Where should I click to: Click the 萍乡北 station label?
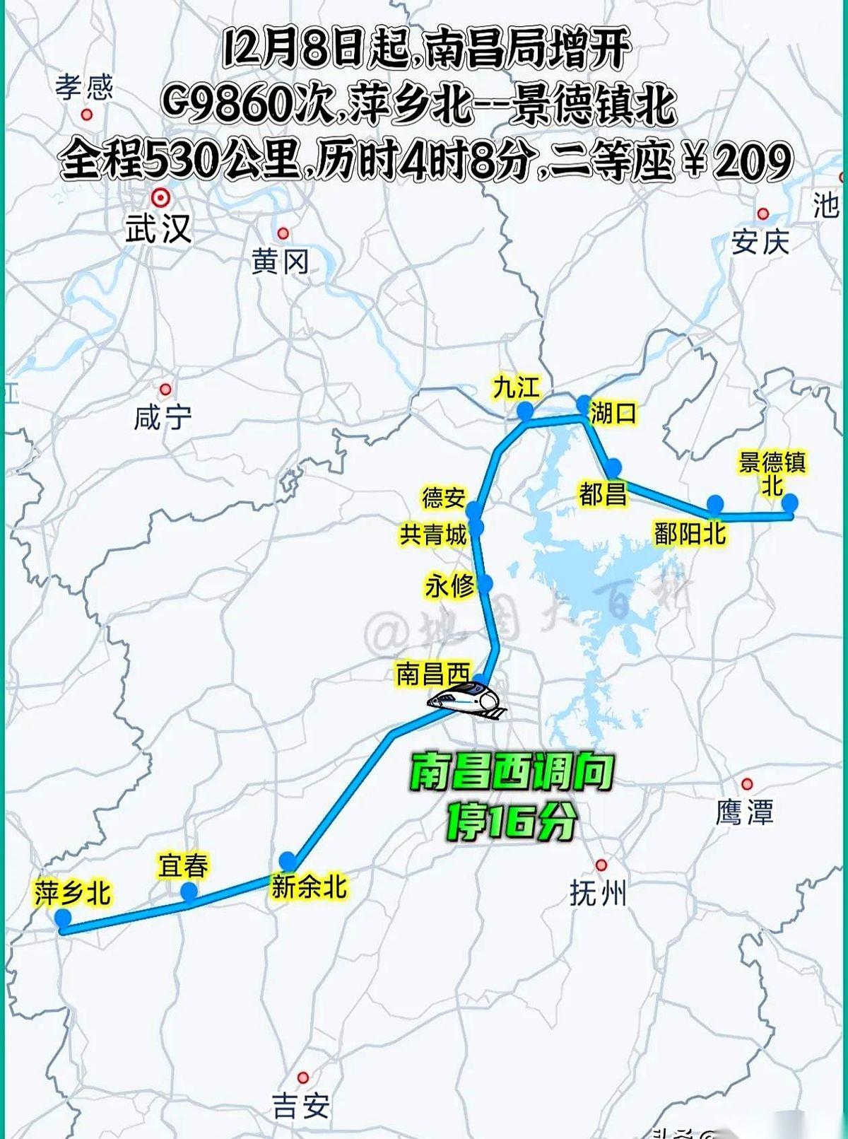pos(72,893)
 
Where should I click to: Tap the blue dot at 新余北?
pos(288,860)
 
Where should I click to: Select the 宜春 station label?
pos(183,865)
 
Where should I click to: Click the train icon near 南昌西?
pos(467,700)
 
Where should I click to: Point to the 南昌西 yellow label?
pos(432,674)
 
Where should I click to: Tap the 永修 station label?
pos(449,585)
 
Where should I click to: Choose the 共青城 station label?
pos(433,535)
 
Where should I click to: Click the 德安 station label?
pos(443,498)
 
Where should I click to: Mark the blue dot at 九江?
pos(524,411)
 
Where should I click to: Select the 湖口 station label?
pos(613,412)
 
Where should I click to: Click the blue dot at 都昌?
pos(613,467)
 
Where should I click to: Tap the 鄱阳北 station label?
pos(690,533)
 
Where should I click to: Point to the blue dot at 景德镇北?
pos(789,503)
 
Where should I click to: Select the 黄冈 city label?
pos(281,262)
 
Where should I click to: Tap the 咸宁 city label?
pos(163,418)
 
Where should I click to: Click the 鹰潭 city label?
pos(744,812)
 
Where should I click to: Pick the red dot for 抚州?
pos(601,865)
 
